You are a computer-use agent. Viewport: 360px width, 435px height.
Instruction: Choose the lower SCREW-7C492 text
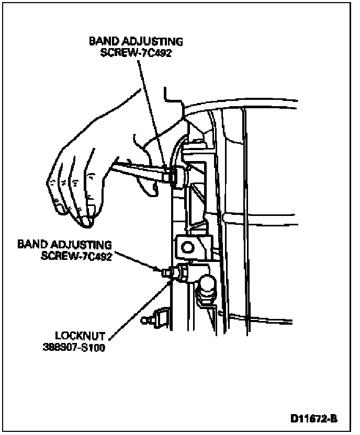(x=74, y=256)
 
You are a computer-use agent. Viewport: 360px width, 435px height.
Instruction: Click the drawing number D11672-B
(x=314, y=419)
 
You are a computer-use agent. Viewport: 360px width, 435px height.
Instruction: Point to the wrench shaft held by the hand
(x=139, y=171)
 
